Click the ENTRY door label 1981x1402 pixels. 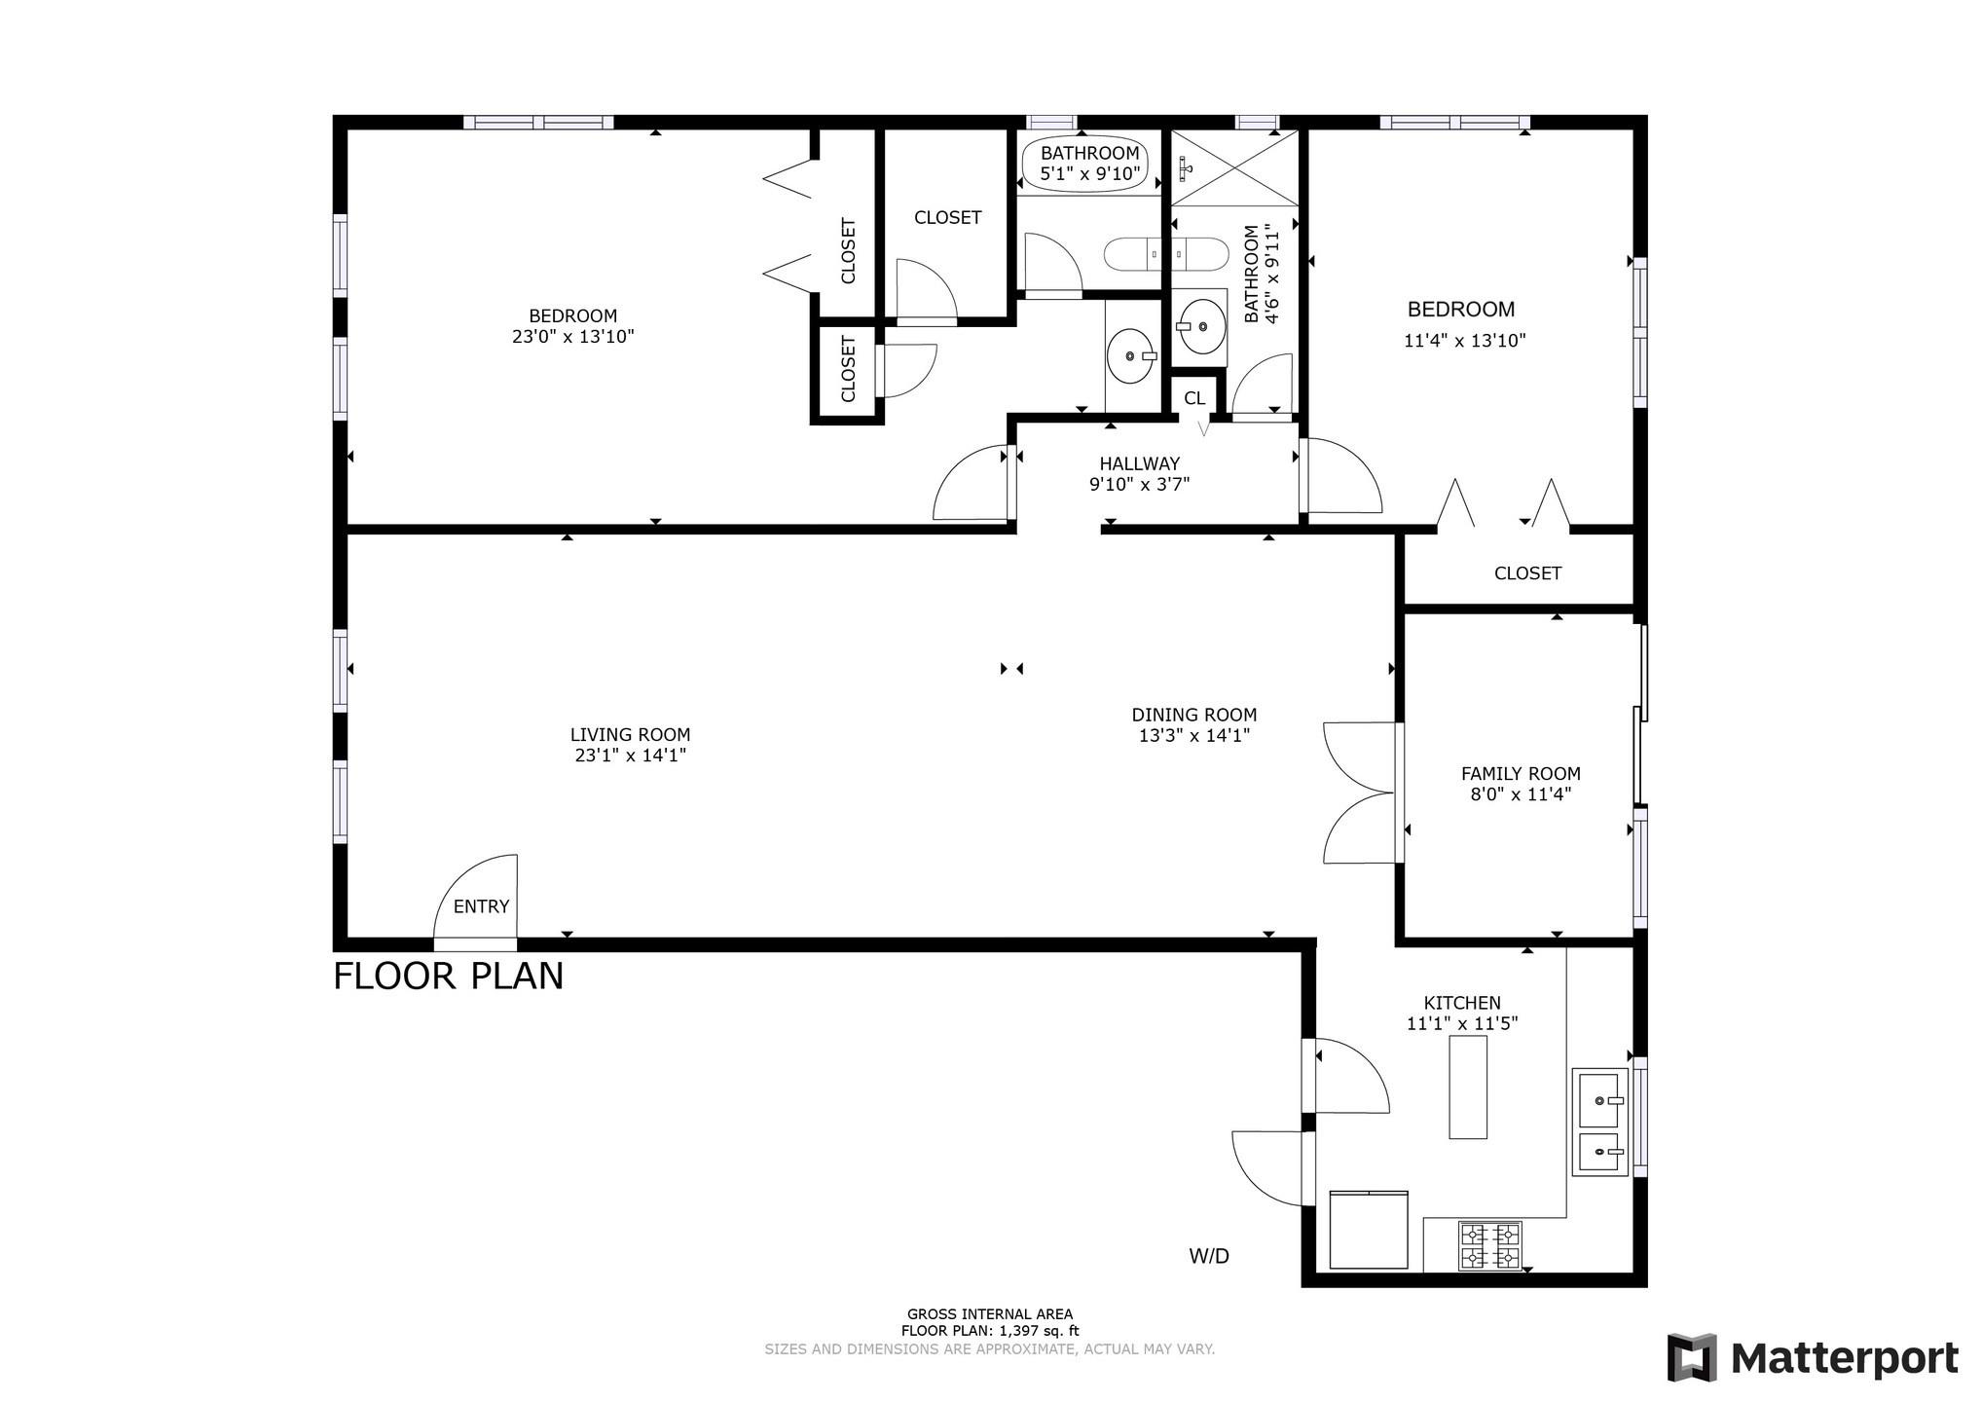pos(481,906)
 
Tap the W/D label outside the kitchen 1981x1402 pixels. pos(1209,1256)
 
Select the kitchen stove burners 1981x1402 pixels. pos(1489,1246)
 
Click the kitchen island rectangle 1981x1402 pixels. pos(1468,1087)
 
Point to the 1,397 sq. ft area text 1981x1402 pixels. pos(989,1331)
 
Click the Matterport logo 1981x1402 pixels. pos(1813,1357)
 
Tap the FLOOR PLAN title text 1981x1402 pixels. pos(449,976)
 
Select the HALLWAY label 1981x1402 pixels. pos(1139,463)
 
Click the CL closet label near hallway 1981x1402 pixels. pos(1194,398)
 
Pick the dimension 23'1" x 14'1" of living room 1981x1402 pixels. pos(631,756)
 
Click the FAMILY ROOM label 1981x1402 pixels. pos(1521,774)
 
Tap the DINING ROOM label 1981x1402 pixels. pos(1193,715)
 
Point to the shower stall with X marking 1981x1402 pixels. pos(1234,167)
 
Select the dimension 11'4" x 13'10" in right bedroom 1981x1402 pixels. pos(1464,341)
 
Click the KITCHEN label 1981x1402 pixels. pos(1462,1003)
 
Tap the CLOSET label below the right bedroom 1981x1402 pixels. pos(1527,573)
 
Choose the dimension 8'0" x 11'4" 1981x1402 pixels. pos(1521,794)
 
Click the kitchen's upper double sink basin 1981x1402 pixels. pos(1600,1099)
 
